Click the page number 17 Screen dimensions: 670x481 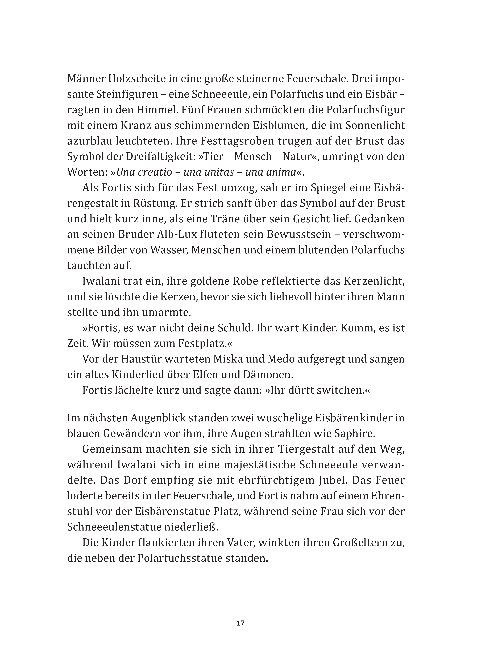240,632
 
